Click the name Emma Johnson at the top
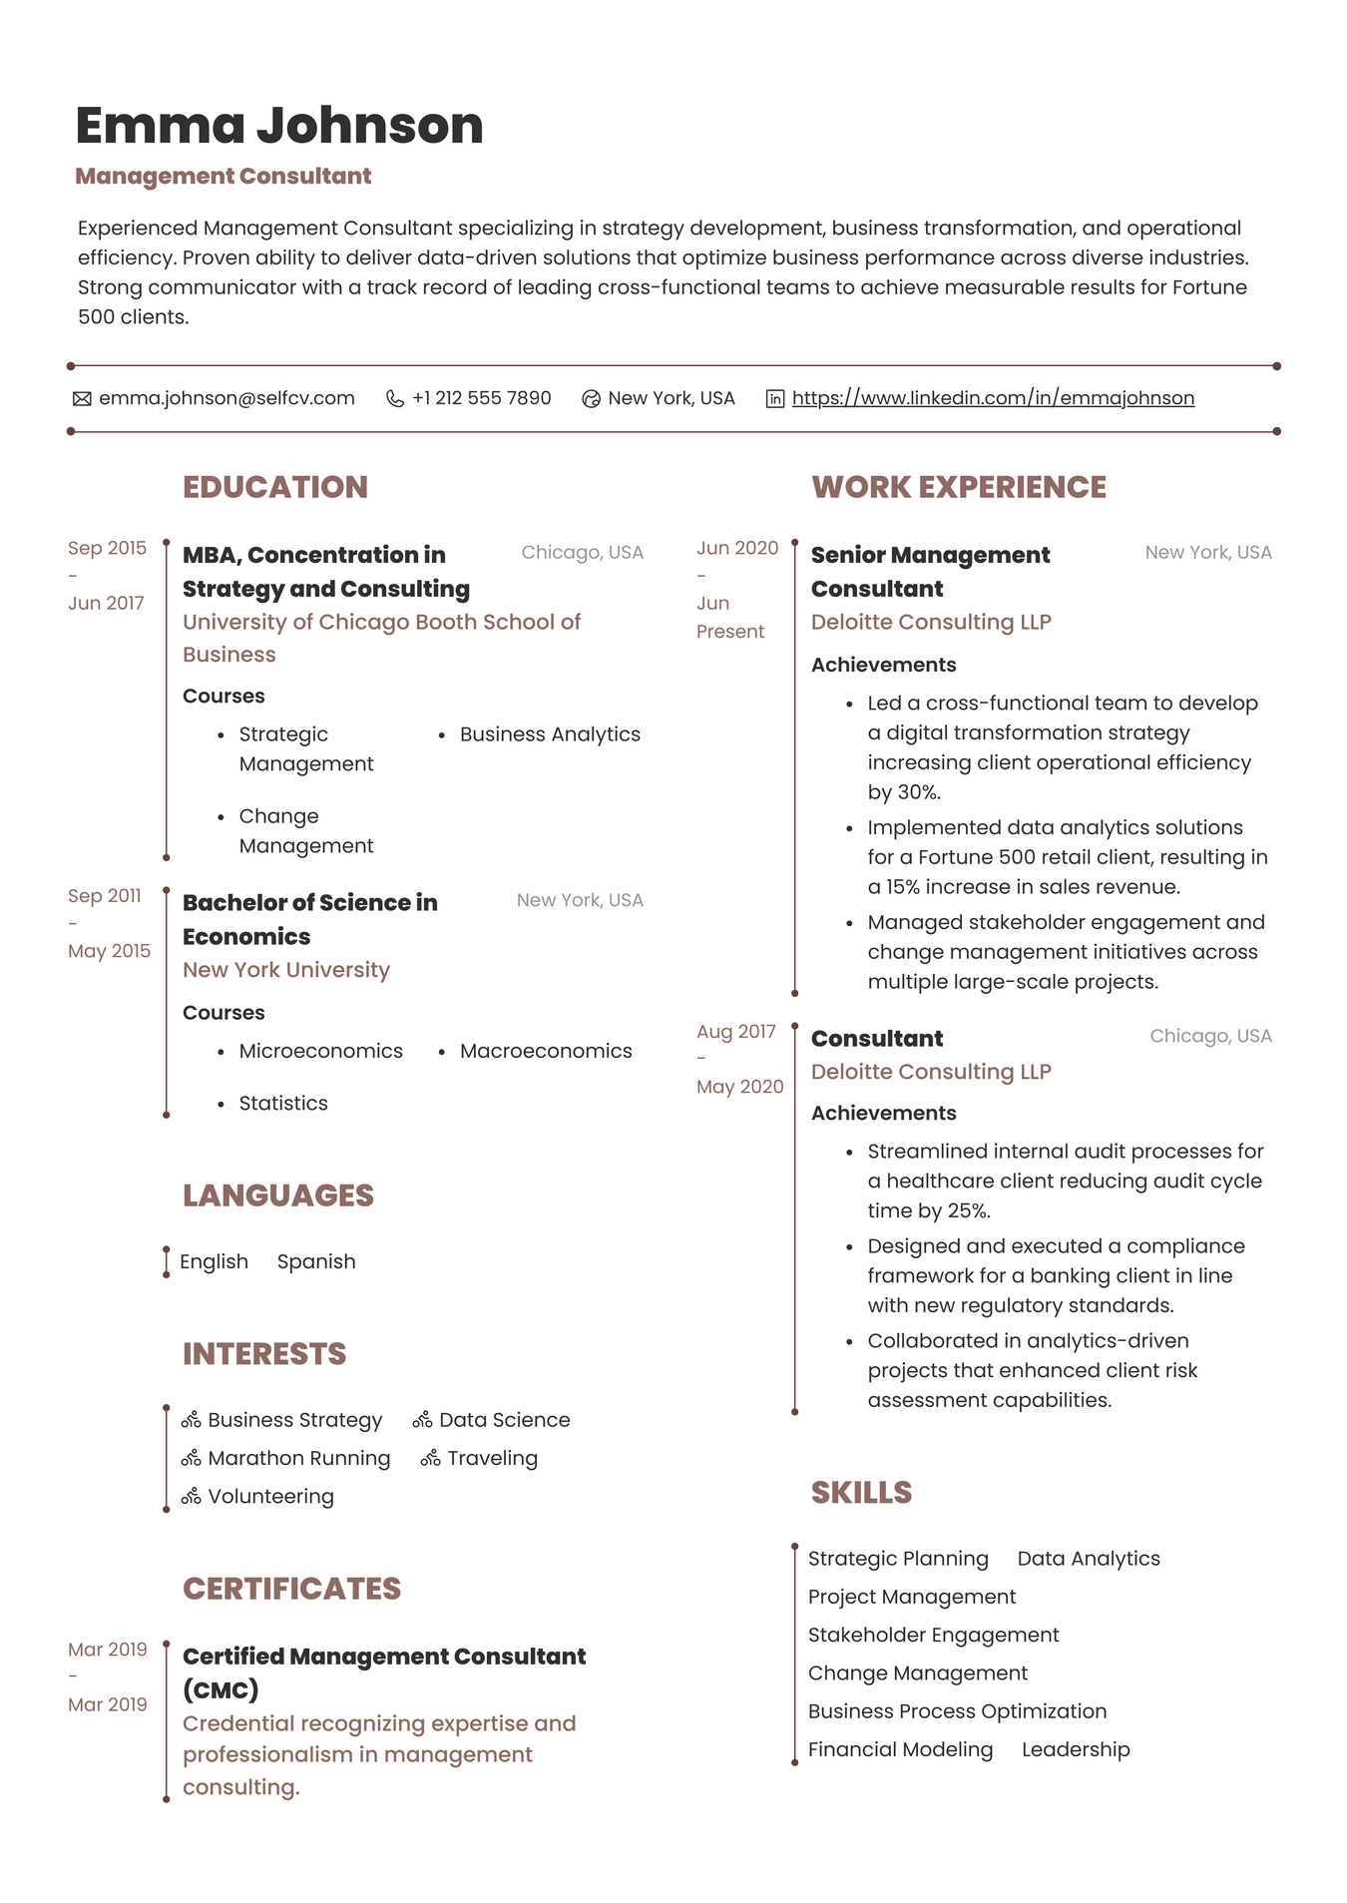pyautogui.click(x=279, y=126)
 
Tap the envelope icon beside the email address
pyautogui.click(x=82, y=399)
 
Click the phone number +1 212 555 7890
pyautogui.click(x=481, y=398)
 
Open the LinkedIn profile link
pyautogui.click(x=993, y=398)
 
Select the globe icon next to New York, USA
pyautogui.click(x=591, y=399)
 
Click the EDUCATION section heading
pyautogui.click(x=275, y=487)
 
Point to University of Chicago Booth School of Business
pyautogui.click(x=381, y=638)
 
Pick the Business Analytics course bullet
pyautogui.click(x=550, y=734)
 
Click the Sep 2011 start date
pyautogui.click(x=105, y=896)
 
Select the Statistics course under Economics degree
pyautogui.click(x=283, y=1104)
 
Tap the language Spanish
pyautogui.click(x=316, y=1262)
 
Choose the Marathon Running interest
pyautogui.click(x=298, y=1459)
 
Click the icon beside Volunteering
pyautogui.click(x=192, y=1497)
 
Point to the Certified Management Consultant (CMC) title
pyautogui.click(x=384, y=1673)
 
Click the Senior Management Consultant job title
pyautogui.click(x=930, y=572)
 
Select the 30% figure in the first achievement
pyautogui.click(x=918, y=792)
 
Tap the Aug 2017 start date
pyautogui.click(x=736, y=1032)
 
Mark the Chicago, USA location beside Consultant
pyautogui.click(x=1210, y=1036)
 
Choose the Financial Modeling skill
pyautogui.click(x=900, y=1750)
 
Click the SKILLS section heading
pyautogui.click(x=861, y=1493)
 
